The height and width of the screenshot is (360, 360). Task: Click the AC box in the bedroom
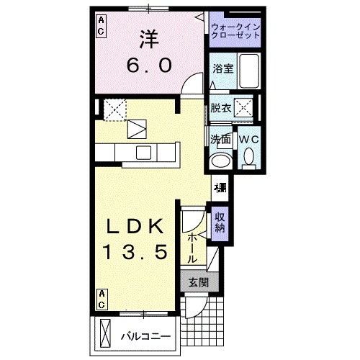pos(101,27)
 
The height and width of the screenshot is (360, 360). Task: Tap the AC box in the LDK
pos(102,300)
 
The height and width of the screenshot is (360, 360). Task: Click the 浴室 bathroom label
pos(222,69)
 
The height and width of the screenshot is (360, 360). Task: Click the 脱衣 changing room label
pos(221,109)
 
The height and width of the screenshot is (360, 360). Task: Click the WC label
pos(248,139)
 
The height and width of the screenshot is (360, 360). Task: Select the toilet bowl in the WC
pos(248,156)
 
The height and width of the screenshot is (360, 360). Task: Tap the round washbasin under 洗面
pos(220,160)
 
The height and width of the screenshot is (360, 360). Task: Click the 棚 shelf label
pos(220,189)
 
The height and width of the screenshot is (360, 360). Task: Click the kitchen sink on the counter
pos(143,152)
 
